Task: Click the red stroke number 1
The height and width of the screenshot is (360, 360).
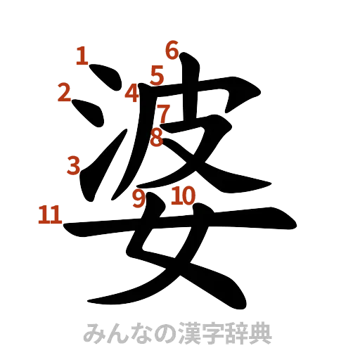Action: coord(83,56)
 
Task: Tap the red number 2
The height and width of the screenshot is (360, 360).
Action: coord(65,93)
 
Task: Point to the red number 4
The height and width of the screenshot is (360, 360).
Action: coord(133,91)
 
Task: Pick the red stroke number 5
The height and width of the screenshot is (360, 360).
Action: coord(156,73)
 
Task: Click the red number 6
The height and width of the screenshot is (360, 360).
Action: coord(172,50)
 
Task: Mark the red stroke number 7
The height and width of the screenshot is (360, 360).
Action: coord(163,112)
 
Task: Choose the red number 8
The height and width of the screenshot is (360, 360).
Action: coord(156,136)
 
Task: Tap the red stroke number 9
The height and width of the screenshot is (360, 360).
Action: coord(139,198)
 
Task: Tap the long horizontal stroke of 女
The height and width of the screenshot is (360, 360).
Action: coord(176,225)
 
